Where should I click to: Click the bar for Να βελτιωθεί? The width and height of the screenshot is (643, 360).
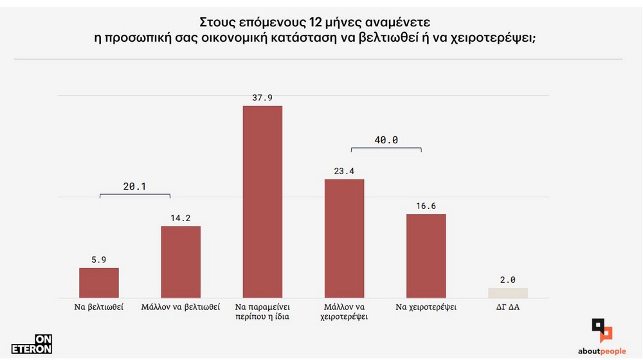coord(99,282)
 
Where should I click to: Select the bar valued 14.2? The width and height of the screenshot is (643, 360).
coord(181,262)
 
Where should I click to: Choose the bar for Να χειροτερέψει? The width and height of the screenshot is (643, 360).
coord(426,255)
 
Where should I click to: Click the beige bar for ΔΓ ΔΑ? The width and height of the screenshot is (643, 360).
coord(508,292)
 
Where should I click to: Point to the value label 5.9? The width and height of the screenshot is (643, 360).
coord(99,260)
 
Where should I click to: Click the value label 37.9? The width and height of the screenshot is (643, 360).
coord(262,98)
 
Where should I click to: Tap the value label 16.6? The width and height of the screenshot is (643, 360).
coord(426,206)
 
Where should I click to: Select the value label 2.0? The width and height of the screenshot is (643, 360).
coord(508,280)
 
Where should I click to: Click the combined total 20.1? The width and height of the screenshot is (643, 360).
coord(134,186)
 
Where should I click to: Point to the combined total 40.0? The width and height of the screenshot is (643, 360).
coord(386,139)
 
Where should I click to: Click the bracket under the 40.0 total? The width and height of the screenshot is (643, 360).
coord(386,148)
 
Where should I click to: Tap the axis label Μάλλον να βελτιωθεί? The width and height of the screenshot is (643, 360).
coord(181,307)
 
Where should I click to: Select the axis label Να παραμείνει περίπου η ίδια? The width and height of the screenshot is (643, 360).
coord(262,312)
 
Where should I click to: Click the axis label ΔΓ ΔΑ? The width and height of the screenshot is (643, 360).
coord(508,307)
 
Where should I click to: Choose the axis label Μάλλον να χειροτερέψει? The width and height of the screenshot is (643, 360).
coord(345,312)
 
